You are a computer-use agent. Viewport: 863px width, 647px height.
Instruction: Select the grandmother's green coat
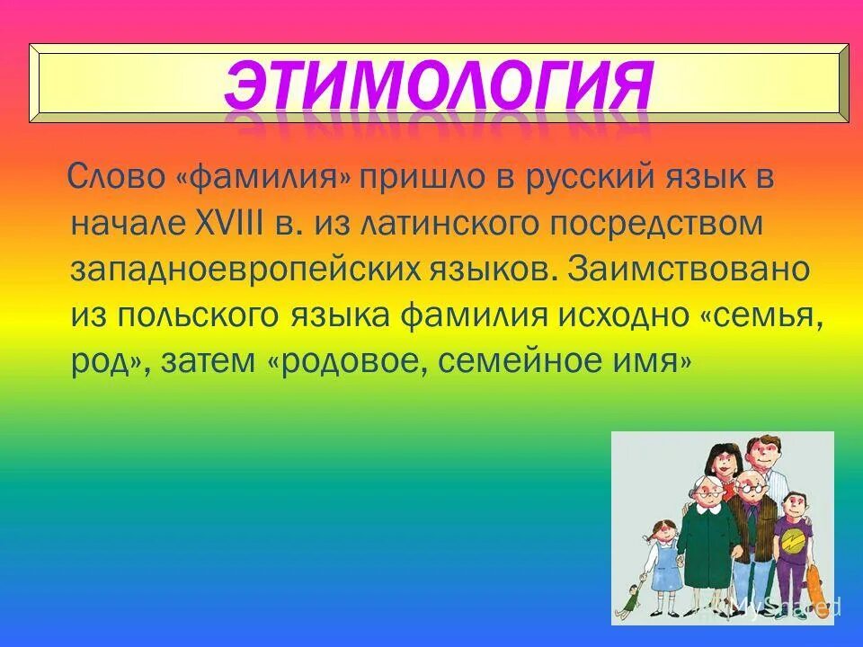tap(708, 539)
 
